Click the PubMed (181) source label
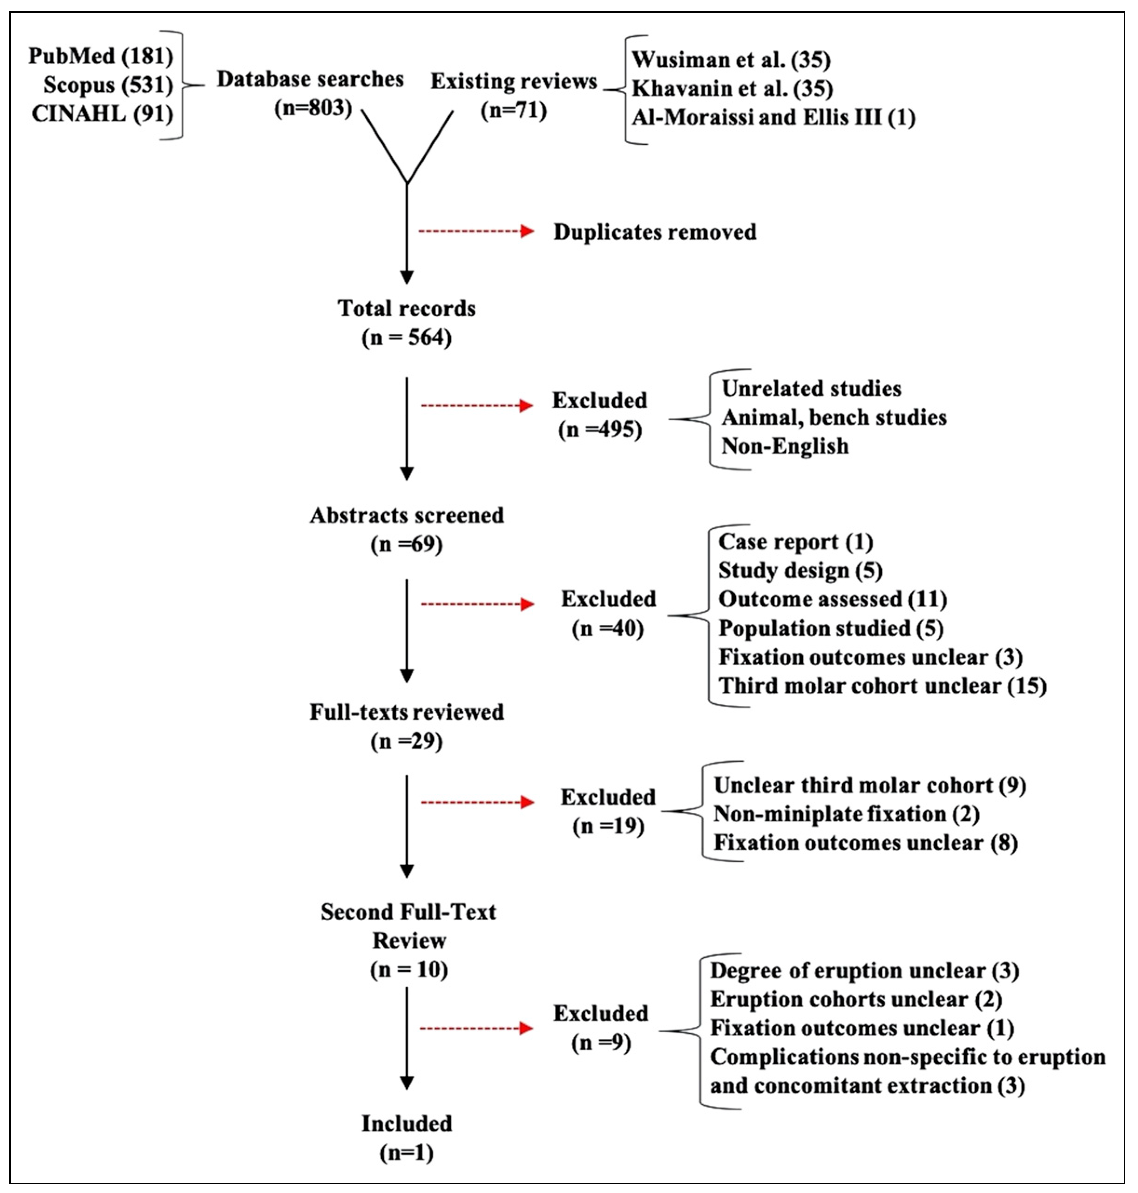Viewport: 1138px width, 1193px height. pos(101,56)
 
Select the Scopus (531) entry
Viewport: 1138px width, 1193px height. pos(108,85)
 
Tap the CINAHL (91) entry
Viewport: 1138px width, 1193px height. pos(102,113)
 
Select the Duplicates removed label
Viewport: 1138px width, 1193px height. pos(655,232)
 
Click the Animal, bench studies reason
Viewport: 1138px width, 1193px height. pos(834,417)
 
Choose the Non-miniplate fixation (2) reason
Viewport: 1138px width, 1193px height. pos(846,814)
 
